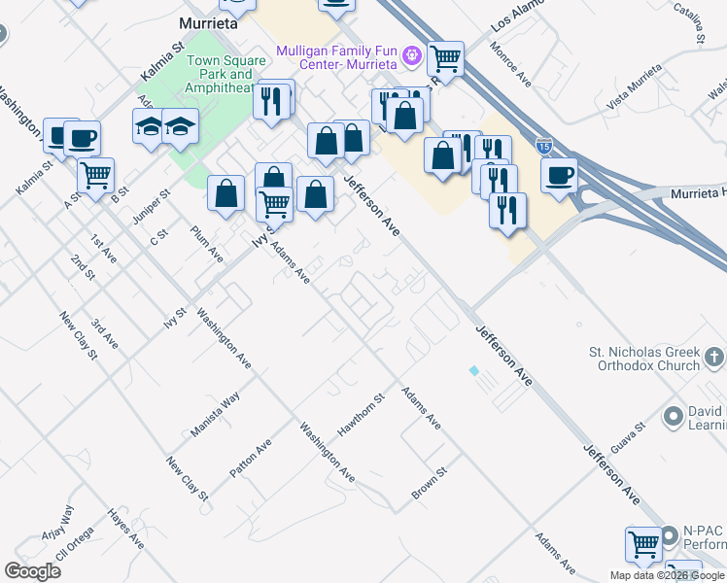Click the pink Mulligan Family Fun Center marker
[412, 55]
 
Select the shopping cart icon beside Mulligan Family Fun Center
[446, 59]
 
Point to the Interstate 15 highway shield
[545, 147]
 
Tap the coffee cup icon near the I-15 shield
[559, 176]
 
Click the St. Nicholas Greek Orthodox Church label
[644, 359]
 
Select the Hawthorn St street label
[362, 413]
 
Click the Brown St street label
[429, 483]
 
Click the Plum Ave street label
[207, 244]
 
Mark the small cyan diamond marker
[473, 371]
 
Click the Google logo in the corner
[32, 571]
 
